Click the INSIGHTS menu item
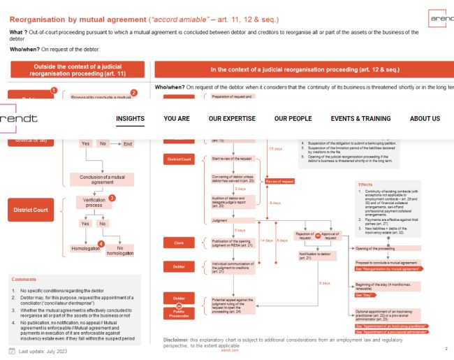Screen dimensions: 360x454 point(131,119)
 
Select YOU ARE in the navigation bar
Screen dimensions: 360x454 point(177,119)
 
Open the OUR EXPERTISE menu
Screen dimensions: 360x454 point(232,119)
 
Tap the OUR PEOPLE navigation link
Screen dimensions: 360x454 point(293,119)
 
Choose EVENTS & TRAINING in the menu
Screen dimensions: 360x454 point(360,119)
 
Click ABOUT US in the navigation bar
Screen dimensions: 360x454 point(425,119)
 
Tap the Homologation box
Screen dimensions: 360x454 point(85,248)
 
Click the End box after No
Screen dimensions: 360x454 point(127,144)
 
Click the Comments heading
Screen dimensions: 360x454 point(24,279)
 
